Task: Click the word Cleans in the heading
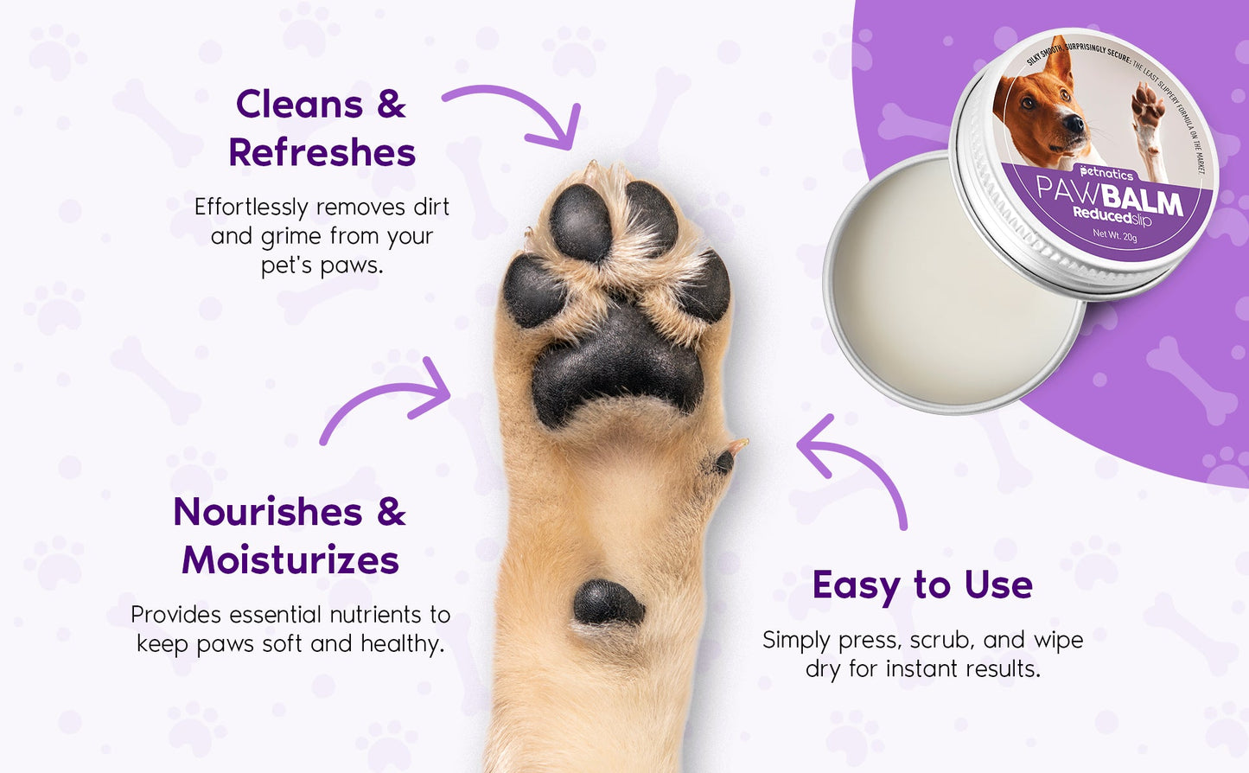coord(299,105)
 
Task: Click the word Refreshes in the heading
coord(322,153)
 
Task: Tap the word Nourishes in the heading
coord(268,512)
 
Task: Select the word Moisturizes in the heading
coord(290,560)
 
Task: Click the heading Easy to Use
coord(922,585)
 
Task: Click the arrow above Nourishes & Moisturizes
coord(389,399)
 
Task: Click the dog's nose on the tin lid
coord(1074,124)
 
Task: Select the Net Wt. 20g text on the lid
coord(1114,234)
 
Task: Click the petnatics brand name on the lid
coord(1106,173)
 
